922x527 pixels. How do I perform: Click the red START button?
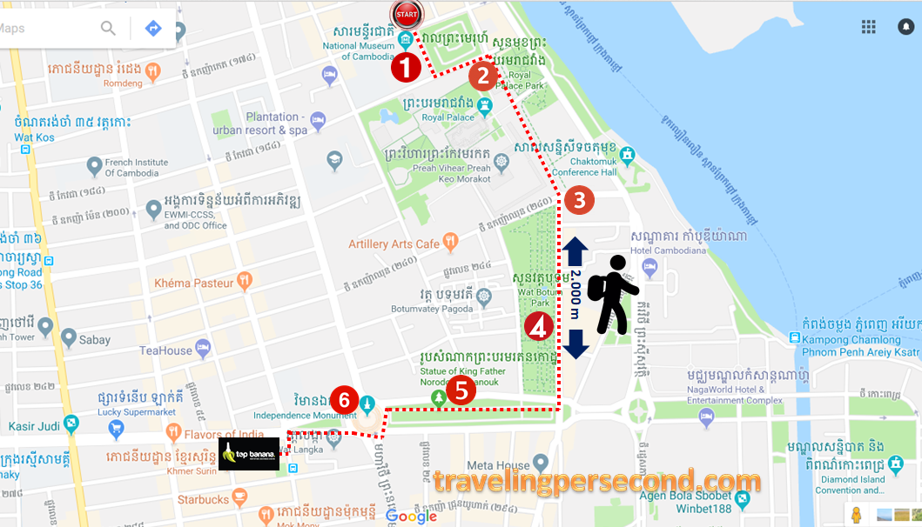click(407, 14)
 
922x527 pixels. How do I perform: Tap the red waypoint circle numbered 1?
click(406, 67)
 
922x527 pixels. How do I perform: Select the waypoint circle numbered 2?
click(483, 77)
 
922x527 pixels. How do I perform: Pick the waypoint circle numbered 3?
click(579, 200)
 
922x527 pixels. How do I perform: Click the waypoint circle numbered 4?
click(538, 327)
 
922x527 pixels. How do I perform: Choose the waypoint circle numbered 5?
click(461, 390)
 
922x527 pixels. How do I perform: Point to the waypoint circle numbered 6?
click(345, 400)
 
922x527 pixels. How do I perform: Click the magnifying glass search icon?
click(108, 29)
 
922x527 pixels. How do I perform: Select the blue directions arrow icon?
click(153, 29)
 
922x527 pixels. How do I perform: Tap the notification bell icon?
click(905, 27)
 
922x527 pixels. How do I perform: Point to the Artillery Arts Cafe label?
click(394, 244)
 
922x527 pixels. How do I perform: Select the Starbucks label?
click(203, 499)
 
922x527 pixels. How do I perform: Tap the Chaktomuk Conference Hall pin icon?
click(627, 155)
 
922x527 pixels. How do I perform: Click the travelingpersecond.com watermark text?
click(596, 482)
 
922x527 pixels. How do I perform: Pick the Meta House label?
click(499, 465)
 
